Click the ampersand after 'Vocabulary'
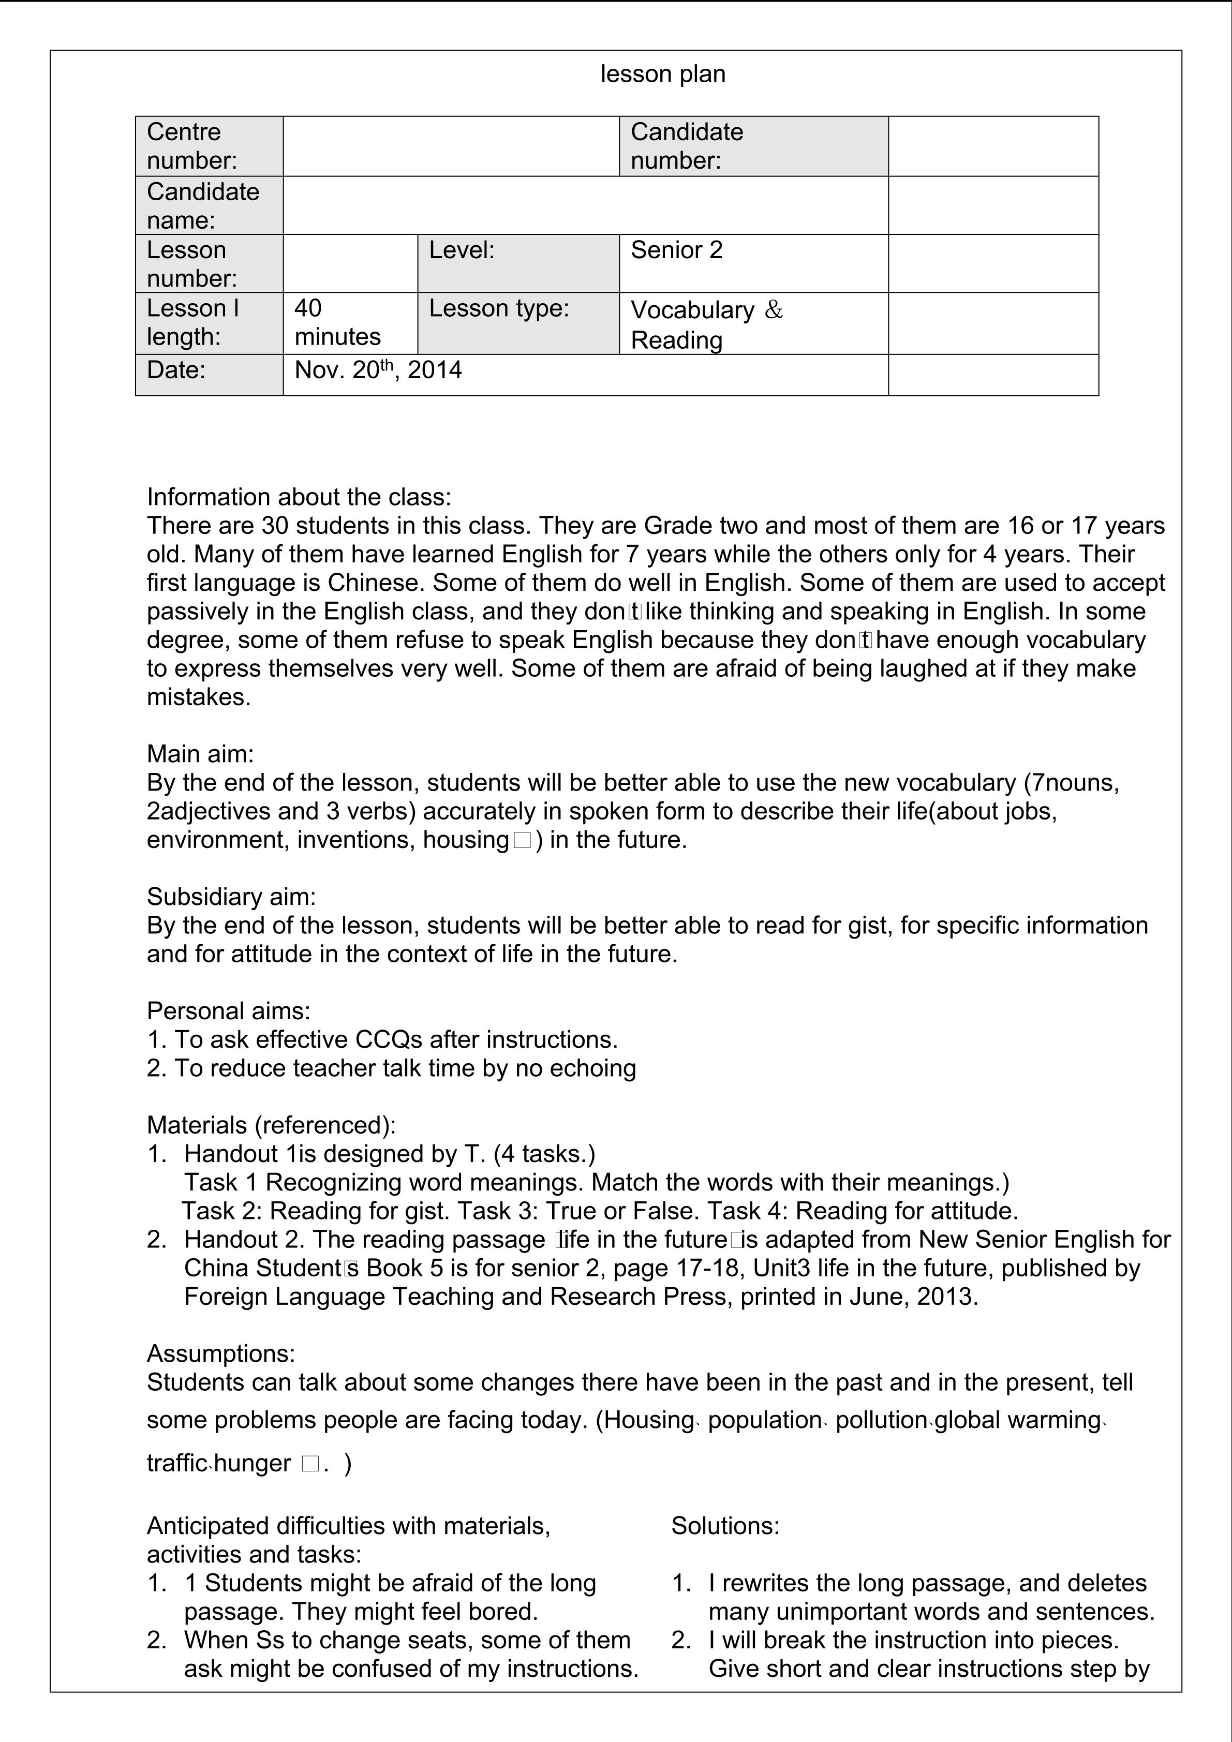tap(773, 309)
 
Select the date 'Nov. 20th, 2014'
tap(378, 370)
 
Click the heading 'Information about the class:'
tap(299, 497)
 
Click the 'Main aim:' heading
tap(200, 754)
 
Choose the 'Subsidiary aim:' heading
tap(231, 897)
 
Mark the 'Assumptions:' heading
tap(221, 1353)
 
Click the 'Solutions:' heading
tap(725, 1526)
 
